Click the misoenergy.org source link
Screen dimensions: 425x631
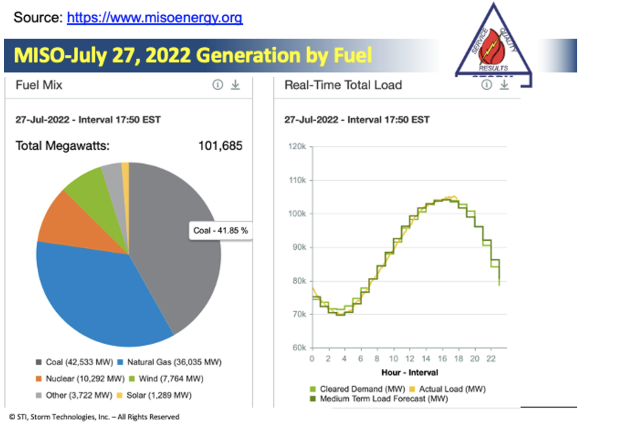tap(155, 17)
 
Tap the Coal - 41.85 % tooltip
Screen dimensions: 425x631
tap(220, 231)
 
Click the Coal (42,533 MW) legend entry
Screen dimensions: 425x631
tap(74, 362)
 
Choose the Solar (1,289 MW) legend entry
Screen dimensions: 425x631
tap(155, 395)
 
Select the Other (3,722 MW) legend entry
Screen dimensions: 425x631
tap(74, 395)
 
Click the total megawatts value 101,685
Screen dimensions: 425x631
tap(220, 146)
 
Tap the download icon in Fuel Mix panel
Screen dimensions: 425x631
tap(235, 85)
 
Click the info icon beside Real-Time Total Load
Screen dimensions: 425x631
tap(486, 85)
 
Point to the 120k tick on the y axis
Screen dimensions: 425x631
tap(297, 147)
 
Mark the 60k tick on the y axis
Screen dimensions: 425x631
tap(299, 348)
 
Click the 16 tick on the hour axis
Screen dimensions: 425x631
tap(442, 359)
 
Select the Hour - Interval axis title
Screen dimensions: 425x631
tap(409, 373)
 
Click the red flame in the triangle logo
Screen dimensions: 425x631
tap(493, 47)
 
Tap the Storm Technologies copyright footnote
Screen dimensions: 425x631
tap(94, 417)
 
